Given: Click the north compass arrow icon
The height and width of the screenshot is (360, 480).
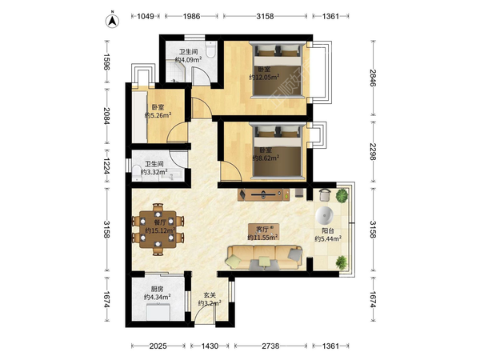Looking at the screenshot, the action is pos(112,20).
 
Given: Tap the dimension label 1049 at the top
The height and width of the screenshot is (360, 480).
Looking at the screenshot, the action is pos(146,16).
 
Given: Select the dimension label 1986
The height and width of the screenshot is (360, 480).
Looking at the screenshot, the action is pos(192,16).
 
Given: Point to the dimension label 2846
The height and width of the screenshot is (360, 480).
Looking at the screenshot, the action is pos(373,78).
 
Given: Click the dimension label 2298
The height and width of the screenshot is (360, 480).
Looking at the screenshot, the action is pos(373,151).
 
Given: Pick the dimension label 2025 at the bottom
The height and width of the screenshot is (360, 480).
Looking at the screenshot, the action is pos(158,346).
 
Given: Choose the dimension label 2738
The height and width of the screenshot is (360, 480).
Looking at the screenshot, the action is pos(270,346).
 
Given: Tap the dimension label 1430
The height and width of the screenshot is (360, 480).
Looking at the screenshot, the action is pos(210,346).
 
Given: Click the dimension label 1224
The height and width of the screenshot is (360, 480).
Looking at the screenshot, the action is pos(106,166).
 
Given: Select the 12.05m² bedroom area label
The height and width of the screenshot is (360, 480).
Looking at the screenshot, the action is pos(264,77).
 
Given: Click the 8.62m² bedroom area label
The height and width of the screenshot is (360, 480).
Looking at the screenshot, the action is pos(266,158).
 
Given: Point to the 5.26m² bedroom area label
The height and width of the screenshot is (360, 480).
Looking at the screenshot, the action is pos(158,115).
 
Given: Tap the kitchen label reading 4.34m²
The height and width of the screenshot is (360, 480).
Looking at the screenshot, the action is pos(157,297).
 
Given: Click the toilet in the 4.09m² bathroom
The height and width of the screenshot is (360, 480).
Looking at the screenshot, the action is pos(210,50).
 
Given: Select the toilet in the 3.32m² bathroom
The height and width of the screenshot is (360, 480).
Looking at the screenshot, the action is pos(137,174).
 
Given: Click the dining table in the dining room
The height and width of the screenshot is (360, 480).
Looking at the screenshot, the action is pos(158,229).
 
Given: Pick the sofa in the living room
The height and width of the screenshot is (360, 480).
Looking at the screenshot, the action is pos(264,258).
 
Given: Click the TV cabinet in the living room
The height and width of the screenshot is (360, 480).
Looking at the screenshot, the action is pos(263,194).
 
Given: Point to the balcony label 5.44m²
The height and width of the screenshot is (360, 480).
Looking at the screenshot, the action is pos(328,238).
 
